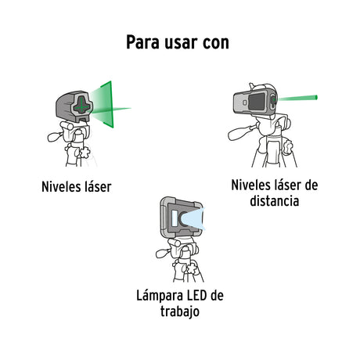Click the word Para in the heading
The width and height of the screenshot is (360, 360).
pos(142,42)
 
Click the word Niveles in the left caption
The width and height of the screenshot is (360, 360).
pos(60,187)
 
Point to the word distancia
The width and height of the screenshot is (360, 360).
pos(275,201)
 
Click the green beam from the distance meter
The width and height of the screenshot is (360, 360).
pos(297,99)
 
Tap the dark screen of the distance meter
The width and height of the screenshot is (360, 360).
pos(257,102)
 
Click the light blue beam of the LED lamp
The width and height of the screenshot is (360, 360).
pos(193,219)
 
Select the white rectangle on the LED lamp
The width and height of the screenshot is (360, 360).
pos(175,218)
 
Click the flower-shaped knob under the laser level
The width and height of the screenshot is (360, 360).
pos(85,152)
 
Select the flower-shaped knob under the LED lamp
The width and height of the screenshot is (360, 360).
pos(192,268)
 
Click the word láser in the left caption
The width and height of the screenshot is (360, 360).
pos(98,187)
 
